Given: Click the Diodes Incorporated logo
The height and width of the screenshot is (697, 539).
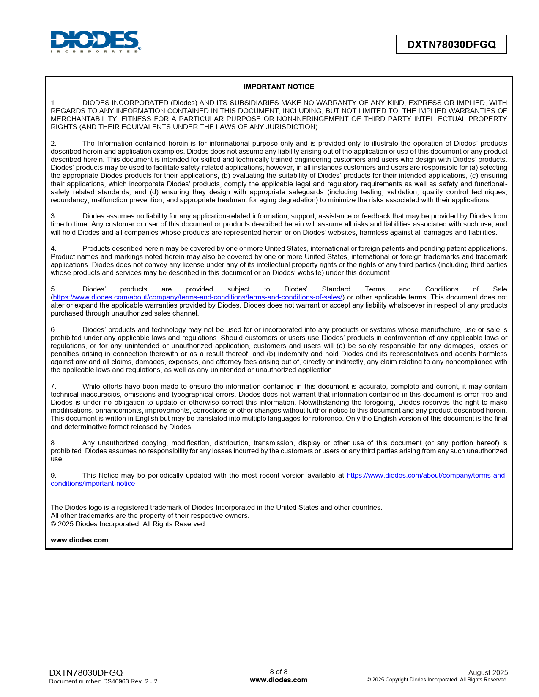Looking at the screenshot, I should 96,41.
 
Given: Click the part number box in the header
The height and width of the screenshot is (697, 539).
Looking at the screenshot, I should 451,44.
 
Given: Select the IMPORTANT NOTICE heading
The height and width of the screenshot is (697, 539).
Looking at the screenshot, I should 279,87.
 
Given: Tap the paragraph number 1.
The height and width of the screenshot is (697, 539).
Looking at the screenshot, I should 53,103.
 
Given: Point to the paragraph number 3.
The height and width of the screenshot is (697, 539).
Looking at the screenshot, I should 53,216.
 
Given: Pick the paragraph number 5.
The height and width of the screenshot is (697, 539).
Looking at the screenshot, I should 53,289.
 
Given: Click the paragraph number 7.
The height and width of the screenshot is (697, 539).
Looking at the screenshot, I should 53,386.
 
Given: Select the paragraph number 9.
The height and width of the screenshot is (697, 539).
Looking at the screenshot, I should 53,475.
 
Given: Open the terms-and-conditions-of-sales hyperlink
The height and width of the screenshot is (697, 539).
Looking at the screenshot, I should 198,297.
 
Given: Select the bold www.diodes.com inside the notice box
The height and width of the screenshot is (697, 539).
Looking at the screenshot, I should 79,540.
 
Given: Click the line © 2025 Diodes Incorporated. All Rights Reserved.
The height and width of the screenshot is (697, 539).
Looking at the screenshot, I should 129,524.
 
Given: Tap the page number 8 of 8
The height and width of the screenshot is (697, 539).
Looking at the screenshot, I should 279,672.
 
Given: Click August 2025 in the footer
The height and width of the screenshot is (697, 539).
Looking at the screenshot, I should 488,672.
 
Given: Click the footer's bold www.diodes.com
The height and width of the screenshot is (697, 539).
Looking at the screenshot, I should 279,680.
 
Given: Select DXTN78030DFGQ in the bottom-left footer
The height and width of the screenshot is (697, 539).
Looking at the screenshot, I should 86,672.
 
